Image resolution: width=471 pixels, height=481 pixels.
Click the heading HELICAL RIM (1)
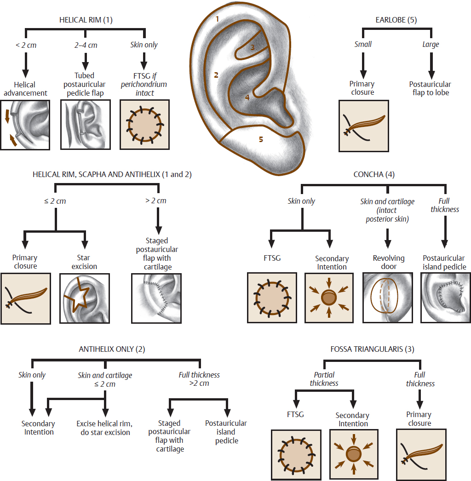86,20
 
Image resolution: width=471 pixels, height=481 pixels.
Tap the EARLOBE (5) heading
396,20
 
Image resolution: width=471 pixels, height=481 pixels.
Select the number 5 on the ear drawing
261,139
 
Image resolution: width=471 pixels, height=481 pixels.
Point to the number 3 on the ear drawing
252,47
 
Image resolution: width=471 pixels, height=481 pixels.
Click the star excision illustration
85,298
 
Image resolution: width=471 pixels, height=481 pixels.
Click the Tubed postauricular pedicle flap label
85,85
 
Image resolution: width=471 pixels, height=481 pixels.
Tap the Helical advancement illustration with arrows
26,125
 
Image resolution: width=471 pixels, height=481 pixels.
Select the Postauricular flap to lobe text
430,88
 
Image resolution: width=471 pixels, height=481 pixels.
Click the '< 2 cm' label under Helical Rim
25,45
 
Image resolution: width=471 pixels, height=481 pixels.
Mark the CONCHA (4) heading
373,174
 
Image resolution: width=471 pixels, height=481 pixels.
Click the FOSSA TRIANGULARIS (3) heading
372,349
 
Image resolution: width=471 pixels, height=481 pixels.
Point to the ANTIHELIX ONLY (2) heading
112,349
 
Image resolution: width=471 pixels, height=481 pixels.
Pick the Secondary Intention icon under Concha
329,298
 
